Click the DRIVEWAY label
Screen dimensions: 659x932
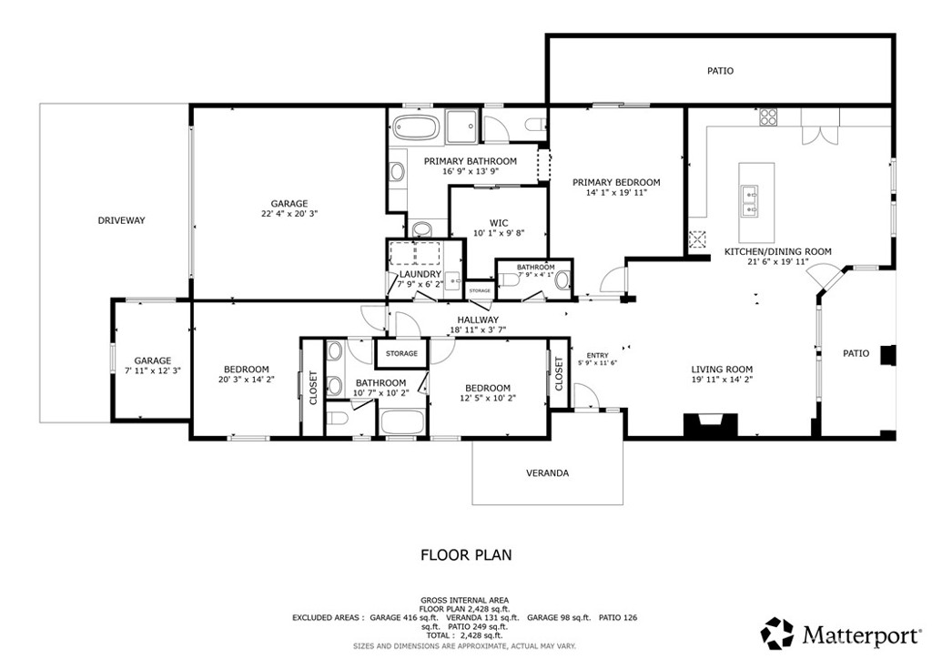click(122, 220)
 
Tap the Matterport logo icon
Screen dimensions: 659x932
click(777, 633)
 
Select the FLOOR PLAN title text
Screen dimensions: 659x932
click(466, 553)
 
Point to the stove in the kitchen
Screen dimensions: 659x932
click(768, 117)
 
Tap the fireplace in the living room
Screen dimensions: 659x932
click(710, 424)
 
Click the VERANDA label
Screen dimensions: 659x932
click(547, 473)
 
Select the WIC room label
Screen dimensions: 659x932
click(498, 222)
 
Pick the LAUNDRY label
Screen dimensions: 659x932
click(420, 274)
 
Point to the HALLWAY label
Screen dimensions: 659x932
click(478, 319)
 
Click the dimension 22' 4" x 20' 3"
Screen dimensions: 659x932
click(289, 214)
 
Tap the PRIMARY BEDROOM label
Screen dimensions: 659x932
click(616, 182)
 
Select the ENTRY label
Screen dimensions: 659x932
click(597, 355)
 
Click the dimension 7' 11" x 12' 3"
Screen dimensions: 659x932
click(152, 370)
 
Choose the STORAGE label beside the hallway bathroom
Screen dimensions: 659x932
click(401, 353)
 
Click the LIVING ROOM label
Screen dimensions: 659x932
click(721, 369)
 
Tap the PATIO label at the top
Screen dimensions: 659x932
click(720, 70)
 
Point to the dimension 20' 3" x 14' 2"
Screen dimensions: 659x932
click(246, 380)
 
